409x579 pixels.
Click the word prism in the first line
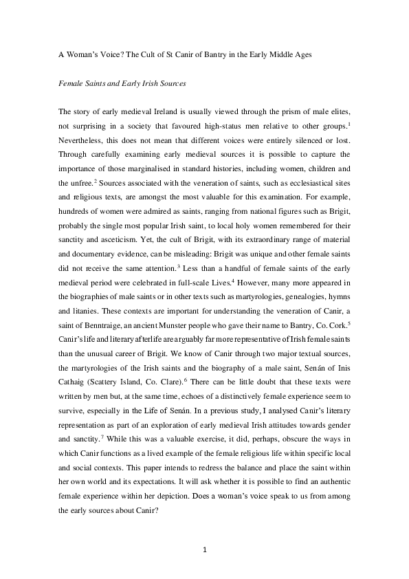261,112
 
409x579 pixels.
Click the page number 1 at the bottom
204,550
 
